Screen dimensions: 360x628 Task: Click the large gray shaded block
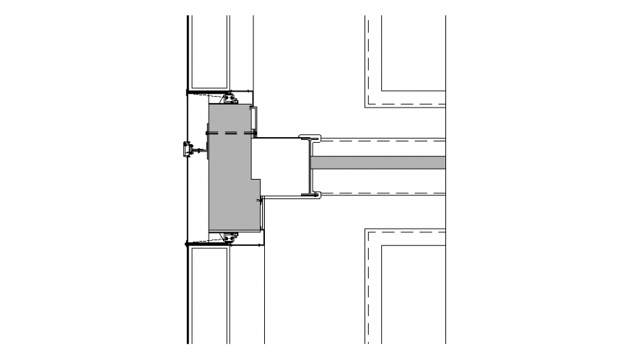230,173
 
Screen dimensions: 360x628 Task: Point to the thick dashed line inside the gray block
231,133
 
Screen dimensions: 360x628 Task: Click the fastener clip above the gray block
231,98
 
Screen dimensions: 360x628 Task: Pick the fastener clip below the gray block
231,237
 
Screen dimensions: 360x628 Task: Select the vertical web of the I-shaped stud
310,166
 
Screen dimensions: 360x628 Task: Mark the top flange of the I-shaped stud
310,137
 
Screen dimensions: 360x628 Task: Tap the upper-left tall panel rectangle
209,51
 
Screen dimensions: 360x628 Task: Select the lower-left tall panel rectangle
209,292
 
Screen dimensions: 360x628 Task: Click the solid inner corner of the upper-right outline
383,91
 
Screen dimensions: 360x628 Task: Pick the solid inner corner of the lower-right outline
383,246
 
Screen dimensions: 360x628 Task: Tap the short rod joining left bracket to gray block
201,151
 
